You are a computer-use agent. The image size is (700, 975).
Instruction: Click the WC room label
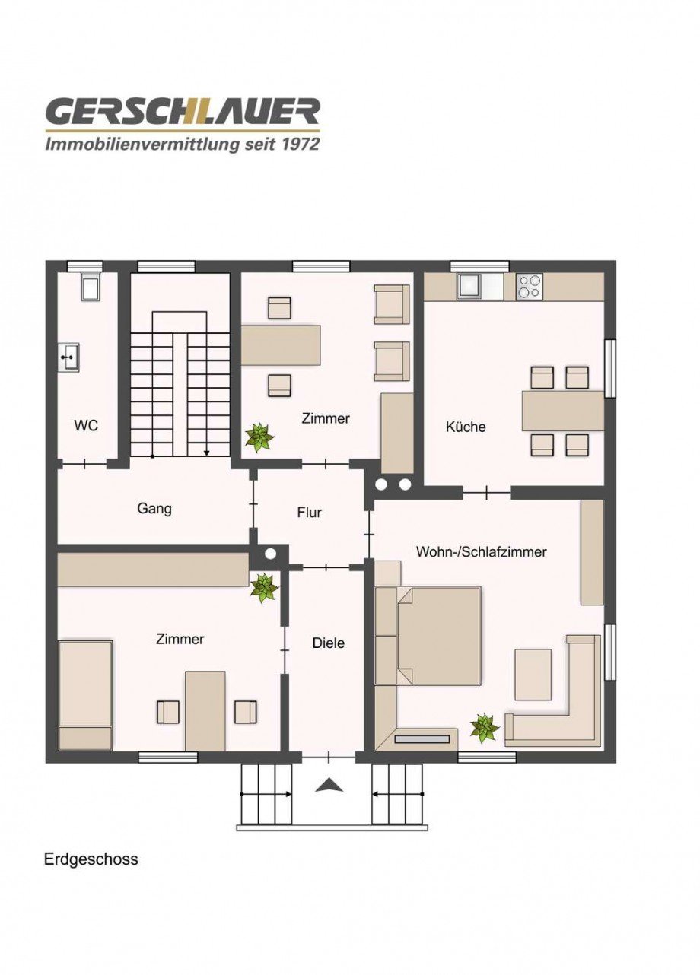point(86,425)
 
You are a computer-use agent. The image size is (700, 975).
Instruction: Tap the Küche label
point(466,427)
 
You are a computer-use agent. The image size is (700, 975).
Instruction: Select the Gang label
point(154,508)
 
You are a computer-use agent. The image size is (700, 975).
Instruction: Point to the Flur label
point(309,513)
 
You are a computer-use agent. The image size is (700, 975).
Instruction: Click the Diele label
point(329,643)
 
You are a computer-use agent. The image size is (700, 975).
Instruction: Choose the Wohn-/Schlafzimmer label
point(481,551)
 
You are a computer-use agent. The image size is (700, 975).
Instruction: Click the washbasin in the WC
point(69,357)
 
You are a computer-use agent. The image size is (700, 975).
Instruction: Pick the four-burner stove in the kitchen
point(530,286)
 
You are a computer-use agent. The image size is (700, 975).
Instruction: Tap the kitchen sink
point(469,286)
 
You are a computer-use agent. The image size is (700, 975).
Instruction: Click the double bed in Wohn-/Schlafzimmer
point(437,636)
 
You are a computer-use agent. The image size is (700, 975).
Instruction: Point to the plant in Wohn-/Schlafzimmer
point(484,728)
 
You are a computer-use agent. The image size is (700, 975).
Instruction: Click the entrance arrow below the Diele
point(329,785)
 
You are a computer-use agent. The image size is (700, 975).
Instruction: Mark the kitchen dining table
point(562,411)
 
